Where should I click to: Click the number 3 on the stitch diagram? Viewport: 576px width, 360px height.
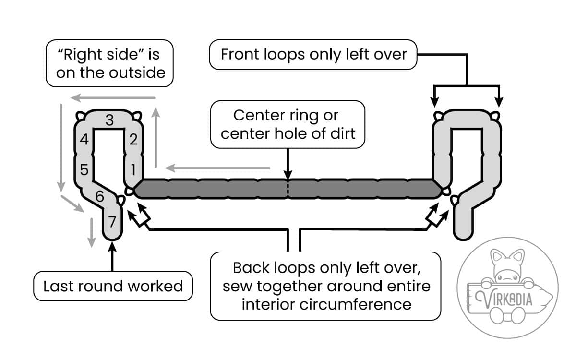pos(109,120)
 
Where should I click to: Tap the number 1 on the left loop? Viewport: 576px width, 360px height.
pos(133,169)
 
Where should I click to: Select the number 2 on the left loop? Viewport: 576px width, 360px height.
pos(133,140)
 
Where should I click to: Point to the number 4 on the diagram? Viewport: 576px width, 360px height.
pos(84,140)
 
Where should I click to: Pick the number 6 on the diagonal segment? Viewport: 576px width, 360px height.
pos(99,196)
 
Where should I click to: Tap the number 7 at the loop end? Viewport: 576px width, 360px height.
pos(112,222)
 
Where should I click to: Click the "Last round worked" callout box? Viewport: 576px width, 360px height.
pos(113,287)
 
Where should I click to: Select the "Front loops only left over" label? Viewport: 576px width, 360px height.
pos(313,55)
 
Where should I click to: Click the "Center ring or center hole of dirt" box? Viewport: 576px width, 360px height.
pos(288,124)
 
